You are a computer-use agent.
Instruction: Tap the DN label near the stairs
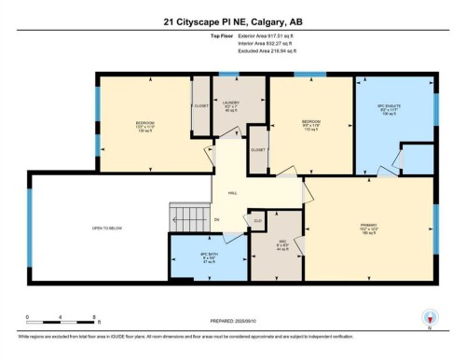216,220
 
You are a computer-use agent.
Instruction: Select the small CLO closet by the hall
258,220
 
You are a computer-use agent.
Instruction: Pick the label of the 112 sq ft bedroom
310,126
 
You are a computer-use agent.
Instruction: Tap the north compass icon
428,317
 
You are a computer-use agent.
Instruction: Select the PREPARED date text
232,322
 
